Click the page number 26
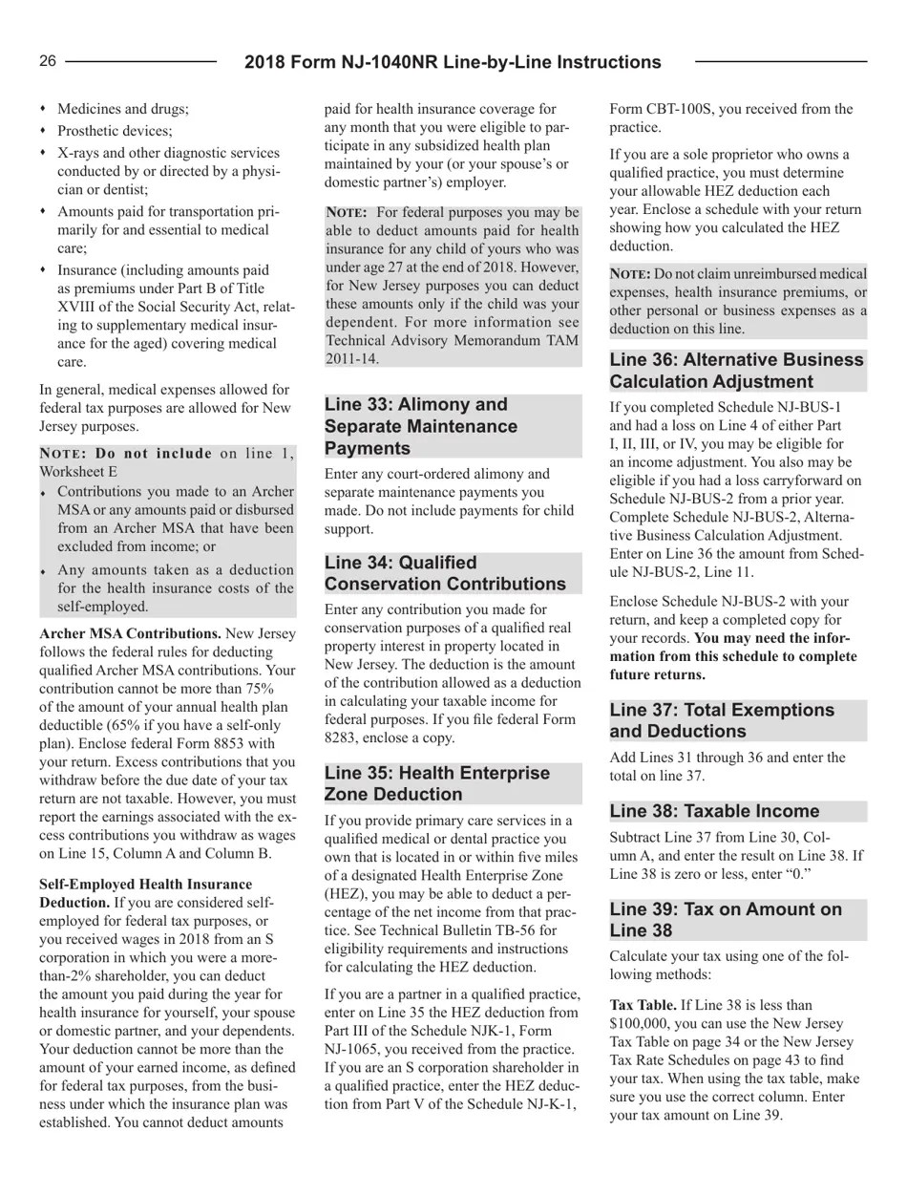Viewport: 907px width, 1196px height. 48,62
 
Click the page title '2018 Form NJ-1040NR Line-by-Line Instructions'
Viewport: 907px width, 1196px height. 453,63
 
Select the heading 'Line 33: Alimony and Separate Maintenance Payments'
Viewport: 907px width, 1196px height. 421,426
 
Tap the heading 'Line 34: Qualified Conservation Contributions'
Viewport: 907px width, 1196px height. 445,573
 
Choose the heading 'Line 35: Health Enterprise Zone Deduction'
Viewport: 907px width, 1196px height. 437,783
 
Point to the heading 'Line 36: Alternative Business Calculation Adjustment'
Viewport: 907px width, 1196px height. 736,371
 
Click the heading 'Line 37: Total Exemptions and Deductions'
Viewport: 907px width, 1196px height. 722,720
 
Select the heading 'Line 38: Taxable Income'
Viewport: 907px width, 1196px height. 714,811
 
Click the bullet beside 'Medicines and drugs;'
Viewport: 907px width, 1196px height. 43,109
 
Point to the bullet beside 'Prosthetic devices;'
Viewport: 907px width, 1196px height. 43,131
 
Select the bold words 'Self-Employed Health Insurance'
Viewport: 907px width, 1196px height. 146,885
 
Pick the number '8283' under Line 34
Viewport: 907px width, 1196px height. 341,737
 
